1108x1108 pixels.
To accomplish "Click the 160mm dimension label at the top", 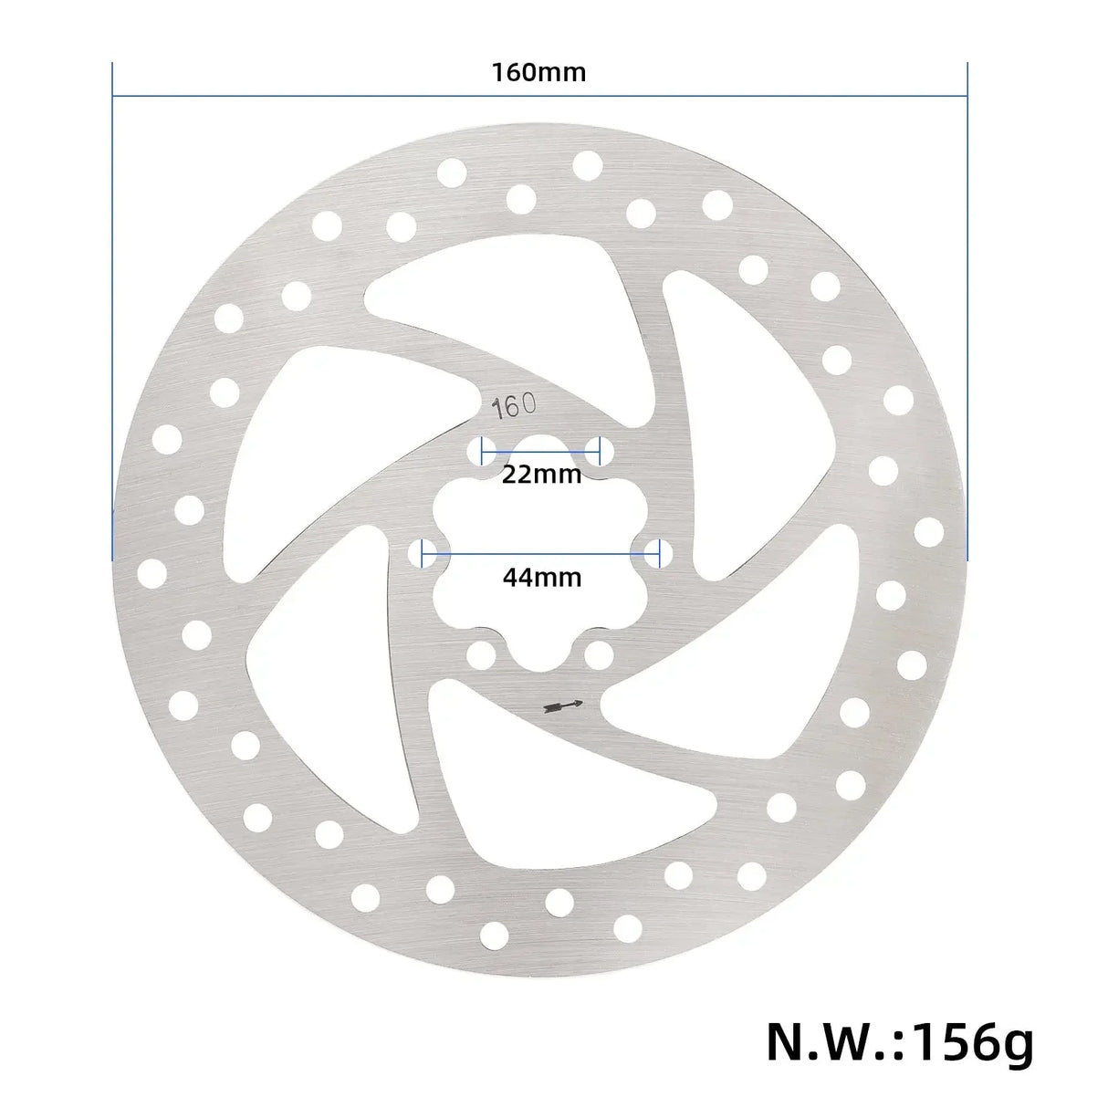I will (538, 72).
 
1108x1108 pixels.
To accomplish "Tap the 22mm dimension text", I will (540, 475).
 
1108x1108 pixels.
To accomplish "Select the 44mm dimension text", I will (541, 577).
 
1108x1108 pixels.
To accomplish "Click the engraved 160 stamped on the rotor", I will (515, 406).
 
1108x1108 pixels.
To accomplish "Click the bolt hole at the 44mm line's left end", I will (421, 551).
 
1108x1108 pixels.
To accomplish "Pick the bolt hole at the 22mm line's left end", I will (480, 449).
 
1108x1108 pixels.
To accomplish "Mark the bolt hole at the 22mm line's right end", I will (600, 449).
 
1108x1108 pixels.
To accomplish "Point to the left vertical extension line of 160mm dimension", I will (112, 310).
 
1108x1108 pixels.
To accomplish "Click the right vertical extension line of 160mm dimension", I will (967, 310).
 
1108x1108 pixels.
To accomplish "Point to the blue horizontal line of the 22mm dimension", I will (540, 450).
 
